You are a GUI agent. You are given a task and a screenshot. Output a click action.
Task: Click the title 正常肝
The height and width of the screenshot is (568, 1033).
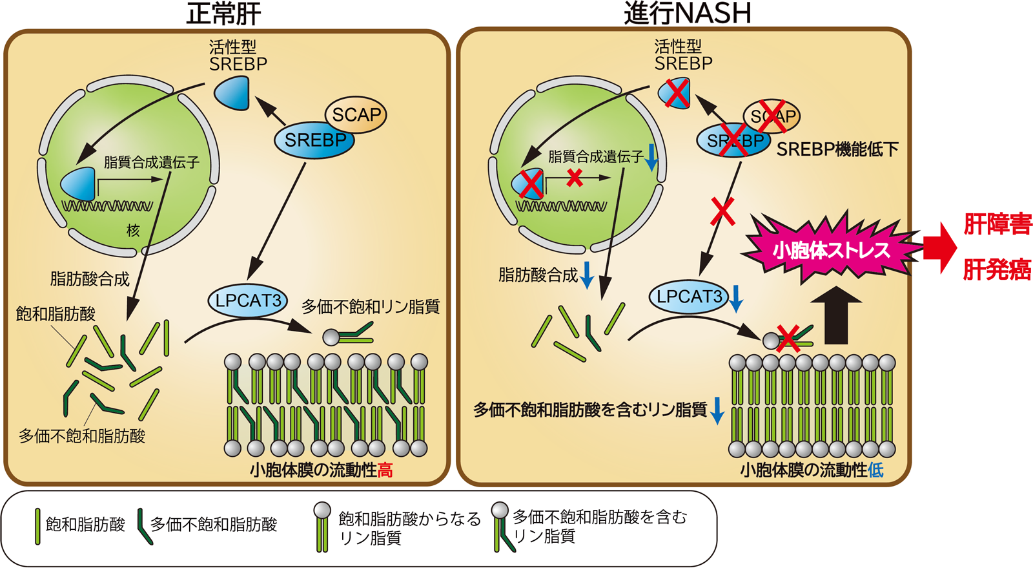click(223, 14)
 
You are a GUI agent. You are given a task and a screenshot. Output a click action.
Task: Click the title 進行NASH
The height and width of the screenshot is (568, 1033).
click(687, 14)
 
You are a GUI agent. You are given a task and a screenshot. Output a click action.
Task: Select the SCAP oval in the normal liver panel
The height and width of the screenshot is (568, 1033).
click(356, 115)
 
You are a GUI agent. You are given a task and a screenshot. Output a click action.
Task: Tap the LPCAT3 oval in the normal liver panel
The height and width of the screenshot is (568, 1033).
click(248, 300)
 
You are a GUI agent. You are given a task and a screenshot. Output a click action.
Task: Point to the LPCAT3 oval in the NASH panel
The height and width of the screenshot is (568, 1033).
click(689, 297)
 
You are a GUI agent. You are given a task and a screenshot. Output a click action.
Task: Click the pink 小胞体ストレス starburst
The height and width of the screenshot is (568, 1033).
click(832, 249)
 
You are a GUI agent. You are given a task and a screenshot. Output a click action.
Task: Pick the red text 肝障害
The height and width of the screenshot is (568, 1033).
click(997, 224)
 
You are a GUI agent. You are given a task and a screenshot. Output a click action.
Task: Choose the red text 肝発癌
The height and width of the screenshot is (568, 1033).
click(997, 269)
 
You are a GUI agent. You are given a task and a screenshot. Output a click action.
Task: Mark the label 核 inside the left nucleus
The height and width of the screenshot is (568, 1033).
click(133, 230)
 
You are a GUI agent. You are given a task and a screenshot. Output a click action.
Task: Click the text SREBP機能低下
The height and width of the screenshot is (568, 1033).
click(837, 149)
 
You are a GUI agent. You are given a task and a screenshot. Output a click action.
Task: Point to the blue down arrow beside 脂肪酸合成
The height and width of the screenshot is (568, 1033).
click(588, 275)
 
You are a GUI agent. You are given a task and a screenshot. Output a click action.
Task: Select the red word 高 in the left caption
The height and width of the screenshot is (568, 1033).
click(385, 470)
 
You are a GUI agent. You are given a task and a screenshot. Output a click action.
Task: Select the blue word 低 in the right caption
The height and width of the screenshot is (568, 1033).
click(875, 470)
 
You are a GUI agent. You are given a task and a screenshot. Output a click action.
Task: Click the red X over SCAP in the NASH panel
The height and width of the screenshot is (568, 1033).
click(773, 116)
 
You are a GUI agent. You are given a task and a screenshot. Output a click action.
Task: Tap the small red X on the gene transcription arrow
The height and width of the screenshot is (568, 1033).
click(575, 177)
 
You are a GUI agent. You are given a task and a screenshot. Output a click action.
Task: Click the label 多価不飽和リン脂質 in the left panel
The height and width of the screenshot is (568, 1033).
click(371, 306)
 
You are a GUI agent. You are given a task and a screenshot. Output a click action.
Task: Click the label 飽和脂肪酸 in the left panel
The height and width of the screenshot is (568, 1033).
click(56, 314)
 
